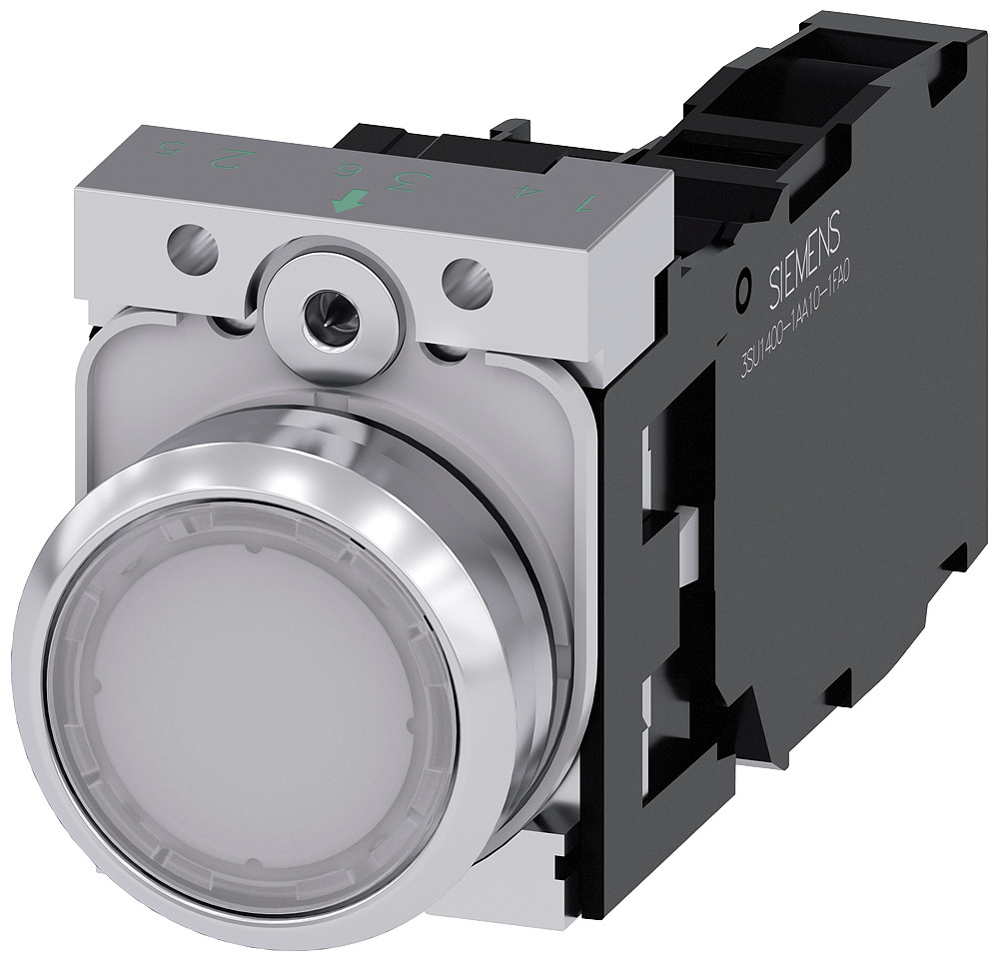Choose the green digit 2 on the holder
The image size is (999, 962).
pos(234,157)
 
